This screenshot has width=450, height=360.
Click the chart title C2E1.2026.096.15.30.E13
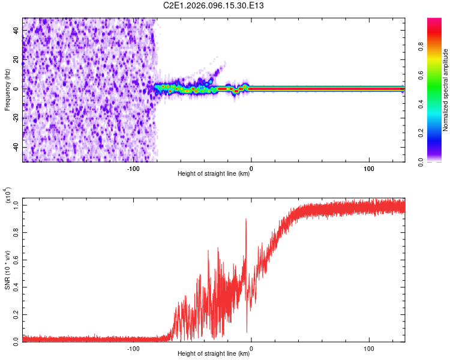(x=214, y=5)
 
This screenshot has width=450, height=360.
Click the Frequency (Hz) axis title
(x=7, y=90)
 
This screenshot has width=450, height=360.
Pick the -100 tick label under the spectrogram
(x=133, y=169)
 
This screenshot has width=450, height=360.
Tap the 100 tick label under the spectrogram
(x=369, y=169)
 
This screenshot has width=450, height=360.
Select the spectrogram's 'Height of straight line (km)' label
(x=214, y=174)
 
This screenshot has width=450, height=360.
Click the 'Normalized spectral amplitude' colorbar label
(x=445, y=90)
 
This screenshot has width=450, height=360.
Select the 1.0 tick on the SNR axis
(x=16, y=205)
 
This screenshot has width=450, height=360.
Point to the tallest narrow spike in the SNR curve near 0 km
(x=246, y=220)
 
